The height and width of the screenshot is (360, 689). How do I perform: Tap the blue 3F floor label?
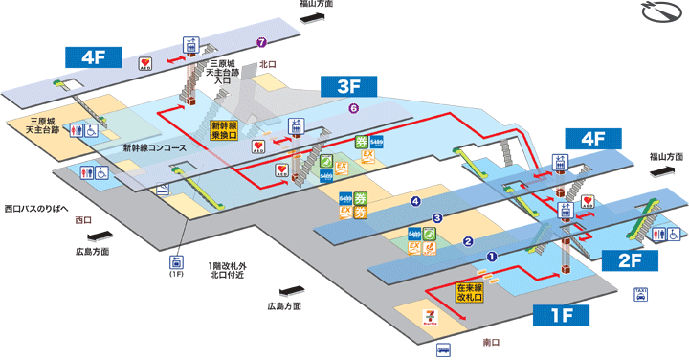347,87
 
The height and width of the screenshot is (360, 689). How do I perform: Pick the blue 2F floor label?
629,259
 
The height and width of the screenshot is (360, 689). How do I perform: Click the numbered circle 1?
492,257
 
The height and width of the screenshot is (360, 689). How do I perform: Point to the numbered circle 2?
468,241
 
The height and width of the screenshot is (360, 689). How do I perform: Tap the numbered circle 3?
437,219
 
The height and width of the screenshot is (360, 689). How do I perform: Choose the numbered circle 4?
415,201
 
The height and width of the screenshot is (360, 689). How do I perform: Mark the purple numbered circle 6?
354,108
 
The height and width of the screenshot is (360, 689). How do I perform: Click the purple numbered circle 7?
261,42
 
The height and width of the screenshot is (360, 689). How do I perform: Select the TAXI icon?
639,294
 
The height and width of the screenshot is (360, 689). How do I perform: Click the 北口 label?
267,64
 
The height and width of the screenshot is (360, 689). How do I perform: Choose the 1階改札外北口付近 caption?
232,271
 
